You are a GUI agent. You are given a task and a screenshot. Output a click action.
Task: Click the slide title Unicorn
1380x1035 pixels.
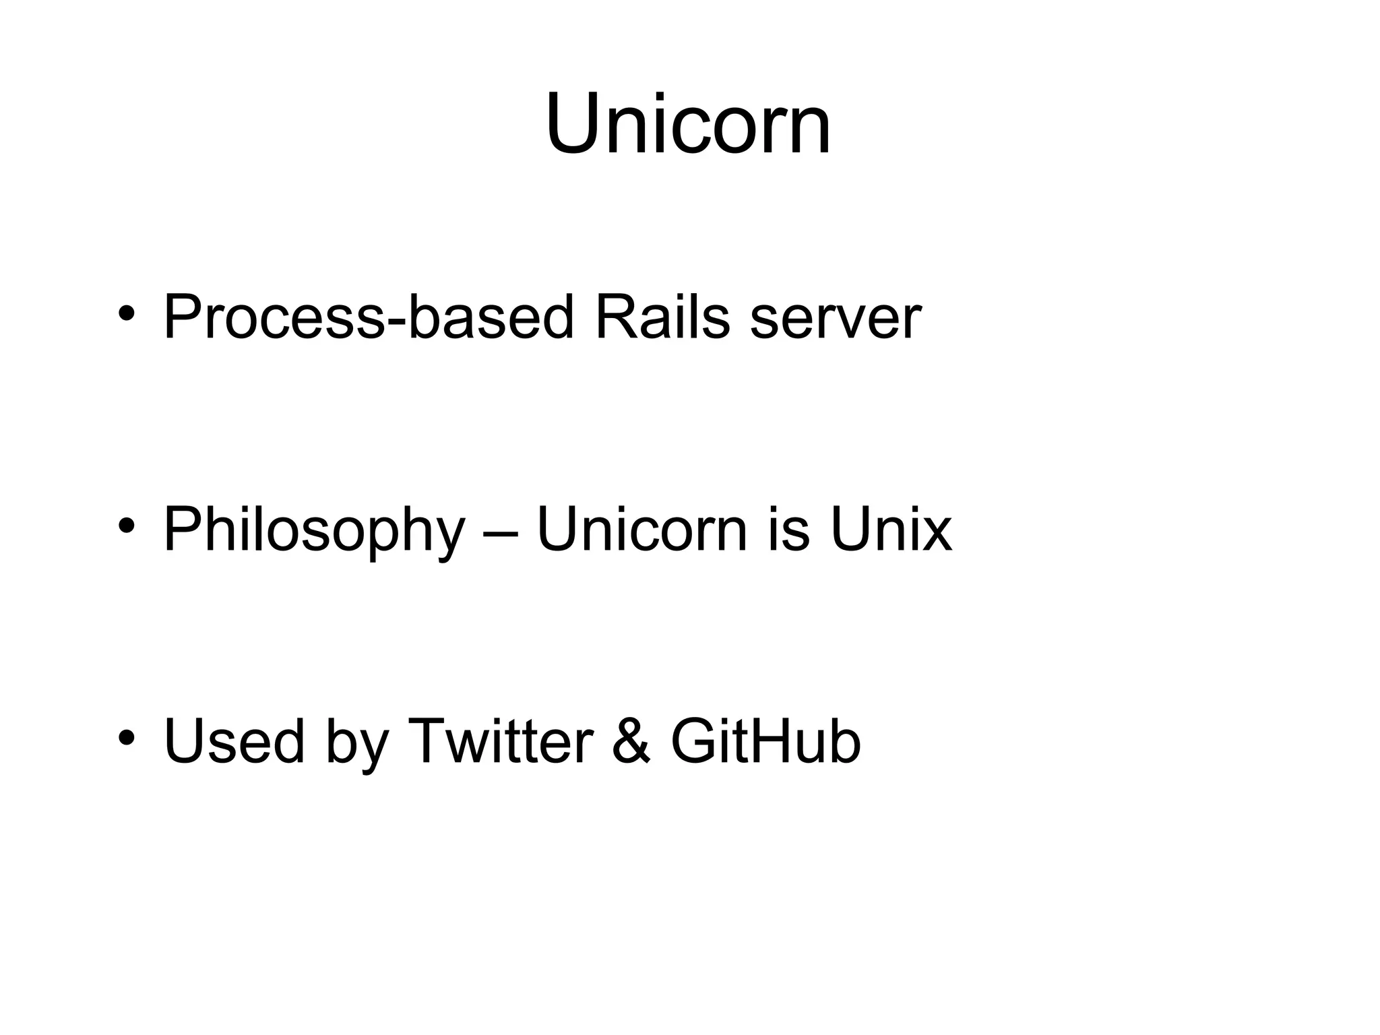688,125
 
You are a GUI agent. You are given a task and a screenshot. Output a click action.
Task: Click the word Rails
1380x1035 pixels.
662,317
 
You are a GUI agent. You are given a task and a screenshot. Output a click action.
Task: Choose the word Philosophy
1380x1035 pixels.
314,530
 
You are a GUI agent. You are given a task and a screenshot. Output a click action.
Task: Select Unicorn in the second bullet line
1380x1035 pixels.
641,530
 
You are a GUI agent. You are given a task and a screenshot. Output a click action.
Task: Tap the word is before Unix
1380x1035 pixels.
788,530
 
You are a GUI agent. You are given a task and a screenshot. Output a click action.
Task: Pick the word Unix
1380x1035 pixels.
891,530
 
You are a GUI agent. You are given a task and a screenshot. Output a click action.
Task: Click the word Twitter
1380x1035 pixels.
501,741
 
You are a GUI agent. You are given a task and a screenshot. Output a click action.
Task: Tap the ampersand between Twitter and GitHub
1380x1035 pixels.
631,742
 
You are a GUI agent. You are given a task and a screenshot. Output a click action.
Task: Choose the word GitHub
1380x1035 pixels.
766,741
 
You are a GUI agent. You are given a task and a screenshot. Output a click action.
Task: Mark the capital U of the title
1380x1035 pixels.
572,125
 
